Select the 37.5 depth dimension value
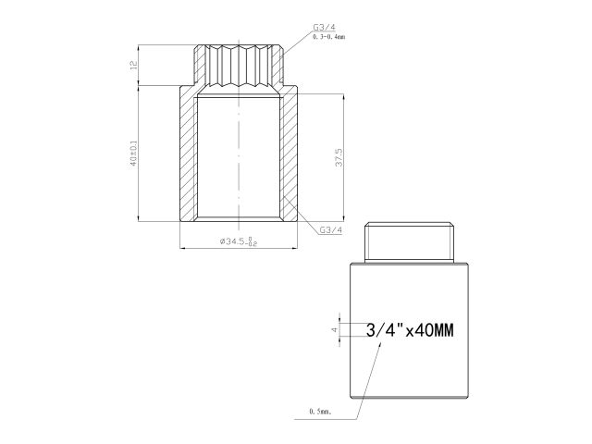pyautogui.click(x=340, y=157)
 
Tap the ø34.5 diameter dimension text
pyautogui.click(x=238, y=241)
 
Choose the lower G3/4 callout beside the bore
pyautogui.click(x=331, y=229)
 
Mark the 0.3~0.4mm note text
pyautogui.click(x=327, y=37)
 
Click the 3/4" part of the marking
pyautogui.click(x=381, y=329)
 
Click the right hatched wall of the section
pyautogui.click(x=289, y=154)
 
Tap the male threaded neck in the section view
pyautogui.click(x=239, y=65)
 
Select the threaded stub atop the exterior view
pyautogui.click(x=408, y=242)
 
